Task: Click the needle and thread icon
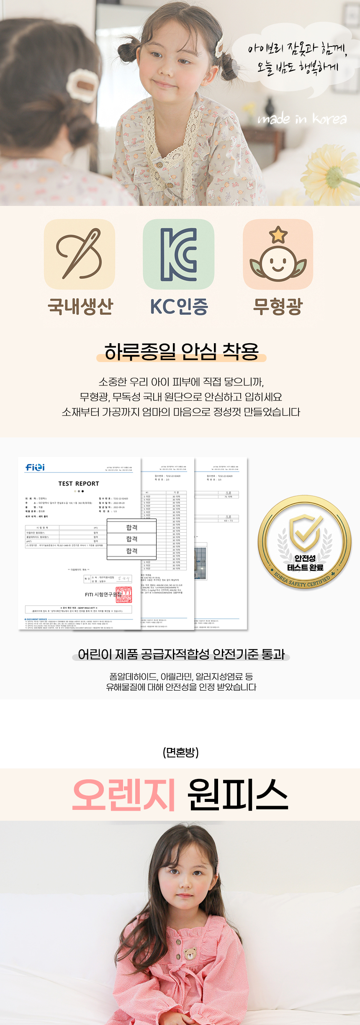click(80, 254)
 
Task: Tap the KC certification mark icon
click(179, 254)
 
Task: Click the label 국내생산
click(80, 306)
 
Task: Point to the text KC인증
click(179, 306)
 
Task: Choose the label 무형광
click(278, 306)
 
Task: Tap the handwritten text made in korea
click(302, 119)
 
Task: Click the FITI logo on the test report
click(35, 467)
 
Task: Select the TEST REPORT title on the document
click(79, 483)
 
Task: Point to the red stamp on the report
click(124, 594)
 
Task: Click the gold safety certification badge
click(305, 542)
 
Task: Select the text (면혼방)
click(180, 753)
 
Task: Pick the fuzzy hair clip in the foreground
click(82, 85)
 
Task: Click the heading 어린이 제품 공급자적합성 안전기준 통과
click(181, 654)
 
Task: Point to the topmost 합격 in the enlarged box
click(132, 527)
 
